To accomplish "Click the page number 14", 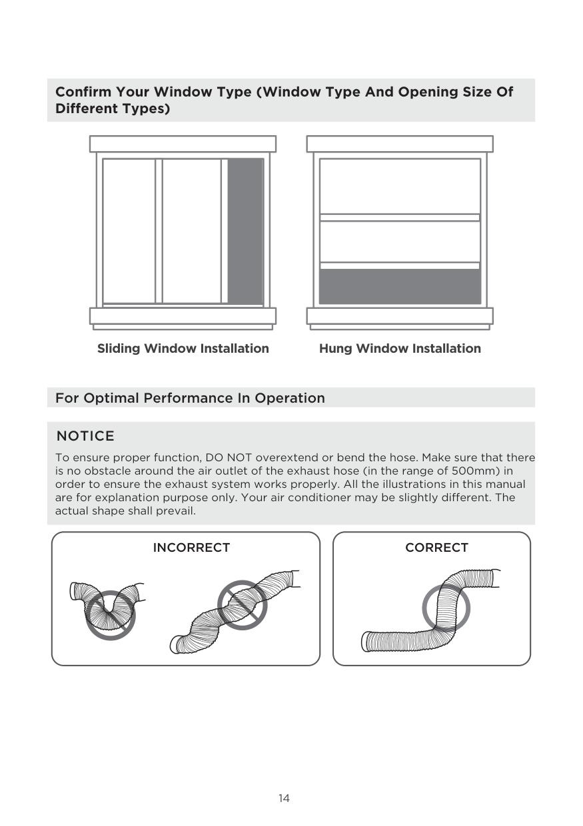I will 285,798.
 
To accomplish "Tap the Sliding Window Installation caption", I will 183,349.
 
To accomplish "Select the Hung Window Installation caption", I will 400,349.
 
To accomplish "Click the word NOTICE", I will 85,437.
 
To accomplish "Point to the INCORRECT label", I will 191,548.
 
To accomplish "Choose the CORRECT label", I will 436,548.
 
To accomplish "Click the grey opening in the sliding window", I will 245,231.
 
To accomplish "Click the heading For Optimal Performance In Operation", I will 190,398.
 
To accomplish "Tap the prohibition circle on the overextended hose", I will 243,605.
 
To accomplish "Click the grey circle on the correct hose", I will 446,608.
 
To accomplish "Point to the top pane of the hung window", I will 400,186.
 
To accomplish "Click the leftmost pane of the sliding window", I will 129,230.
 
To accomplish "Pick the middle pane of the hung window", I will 400,241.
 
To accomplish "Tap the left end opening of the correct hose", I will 366,642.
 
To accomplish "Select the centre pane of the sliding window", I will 192,230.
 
